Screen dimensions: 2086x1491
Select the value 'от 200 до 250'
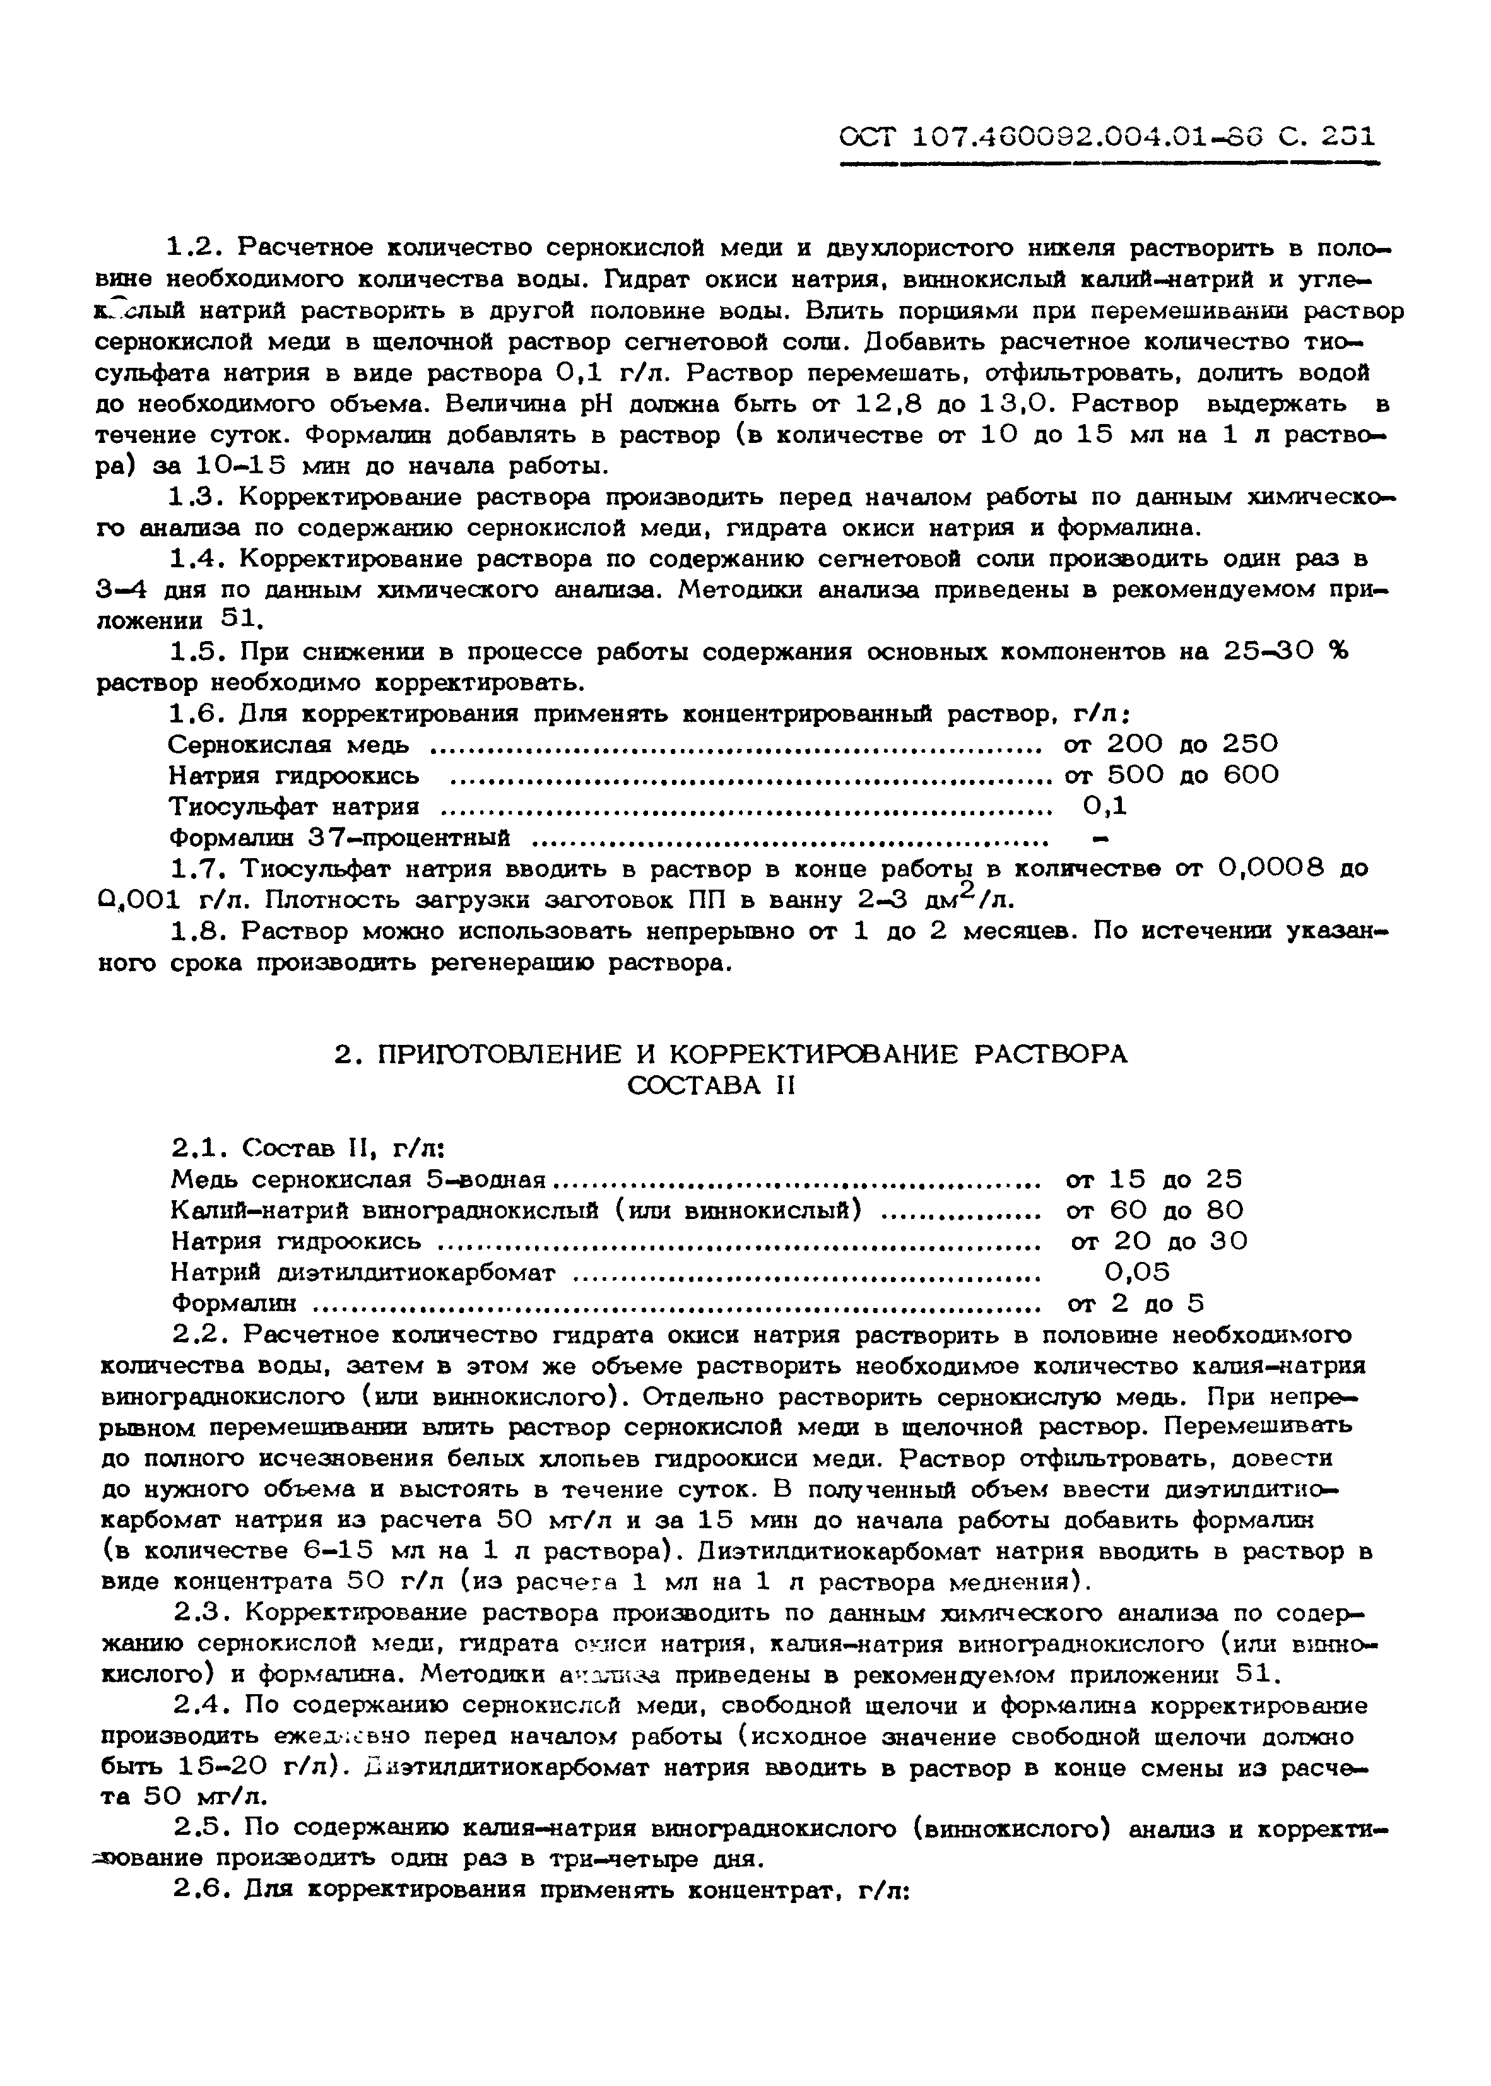pos(1170,744)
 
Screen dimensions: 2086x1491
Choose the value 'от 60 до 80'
pos(1154,1210)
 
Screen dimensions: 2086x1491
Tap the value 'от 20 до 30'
pos(1158,1241)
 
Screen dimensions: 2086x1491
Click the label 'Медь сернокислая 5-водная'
pos(358,1179)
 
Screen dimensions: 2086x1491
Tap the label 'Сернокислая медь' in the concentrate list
pos(288,744)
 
